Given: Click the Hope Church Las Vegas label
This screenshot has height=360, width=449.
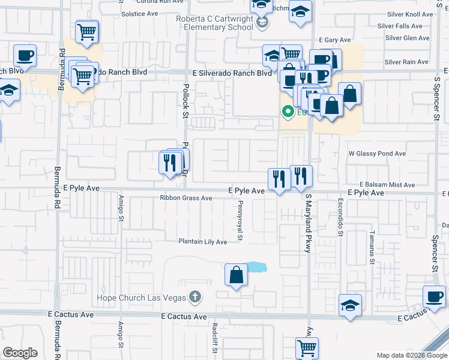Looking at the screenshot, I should click(x=142, y=298).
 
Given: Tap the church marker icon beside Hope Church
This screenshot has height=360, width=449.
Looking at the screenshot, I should click(x=194, y=296).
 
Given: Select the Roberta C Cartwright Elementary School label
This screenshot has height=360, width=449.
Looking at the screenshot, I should click(x=214, y=23).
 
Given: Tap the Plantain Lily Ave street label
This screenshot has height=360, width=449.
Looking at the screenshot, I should click(x=202, y=242).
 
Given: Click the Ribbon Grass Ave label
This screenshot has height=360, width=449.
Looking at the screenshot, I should click(x=186, y=198).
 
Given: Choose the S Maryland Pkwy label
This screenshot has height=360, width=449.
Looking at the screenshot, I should click(x=308, y=223).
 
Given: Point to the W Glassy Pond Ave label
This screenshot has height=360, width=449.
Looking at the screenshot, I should click(x=378, y=154).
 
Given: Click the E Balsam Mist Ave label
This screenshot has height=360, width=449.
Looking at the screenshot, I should click(x=387, y=185).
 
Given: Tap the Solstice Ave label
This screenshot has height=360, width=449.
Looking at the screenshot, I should click(x=139, y=13).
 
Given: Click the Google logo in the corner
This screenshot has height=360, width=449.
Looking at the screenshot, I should click(x=20, y=353).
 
